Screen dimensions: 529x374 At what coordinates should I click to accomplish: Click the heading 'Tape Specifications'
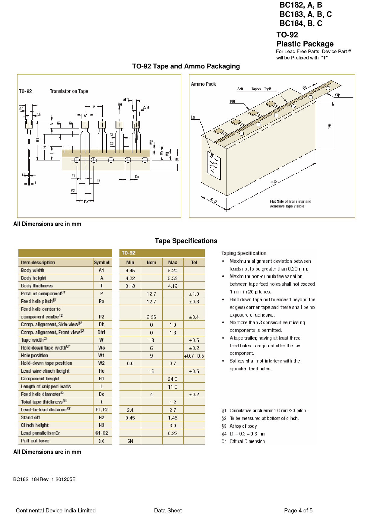coord(186,241)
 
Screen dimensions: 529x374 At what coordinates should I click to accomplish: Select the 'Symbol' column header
coord(102,263)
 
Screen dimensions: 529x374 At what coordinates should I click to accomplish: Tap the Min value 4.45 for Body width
coord(130,271)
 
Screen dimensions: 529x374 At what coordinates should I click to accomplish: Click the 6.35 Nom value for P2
coord(151,317)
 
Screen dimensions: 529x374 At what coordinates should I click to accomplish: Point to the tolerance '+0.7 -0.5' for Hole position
coord(194,356)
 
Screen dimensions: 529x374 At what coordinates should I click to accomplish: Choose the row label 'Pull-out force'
coord(35,441)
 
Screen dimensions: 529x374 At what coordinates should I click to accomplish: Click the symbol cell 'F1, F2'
coord(102,410)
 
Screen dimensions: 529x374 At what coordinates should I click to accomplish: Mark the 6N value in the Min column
coord(130,441)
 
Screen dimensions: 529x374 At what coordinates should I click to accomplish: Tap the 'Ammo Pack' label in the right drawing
coord(204,84)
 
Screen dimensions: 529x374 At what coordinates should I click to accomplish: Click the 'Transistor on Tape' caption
coord(69,91)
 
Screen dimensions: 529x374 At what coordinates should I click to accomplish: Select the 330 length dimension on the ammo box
coord(274,182)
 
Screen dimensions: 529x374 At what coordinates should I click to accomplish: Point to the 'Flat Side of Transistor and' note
coord(290,201)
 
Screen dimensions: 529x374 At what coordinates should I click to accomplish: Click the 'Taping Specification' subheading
coord(244,253)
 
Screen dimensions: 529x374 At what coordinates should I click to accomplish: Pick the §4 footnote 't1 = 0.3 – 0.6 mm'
coord(247,434)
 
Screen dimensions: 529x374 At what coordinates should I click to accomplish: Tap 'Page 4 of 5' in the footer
coord(298,510)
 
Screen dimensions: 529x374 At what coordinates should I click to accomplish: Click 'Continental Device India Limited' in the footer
coord(56,510)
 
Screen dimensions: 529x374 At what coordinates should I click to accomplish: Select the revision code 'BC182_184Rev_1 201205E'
coord(44,479)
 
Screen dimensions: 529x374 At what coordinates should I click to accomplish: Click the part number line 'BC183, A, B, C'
coord(306,14)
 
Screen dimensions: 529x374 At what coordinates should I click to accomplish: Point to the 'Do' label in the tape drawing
coord(137,177)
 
